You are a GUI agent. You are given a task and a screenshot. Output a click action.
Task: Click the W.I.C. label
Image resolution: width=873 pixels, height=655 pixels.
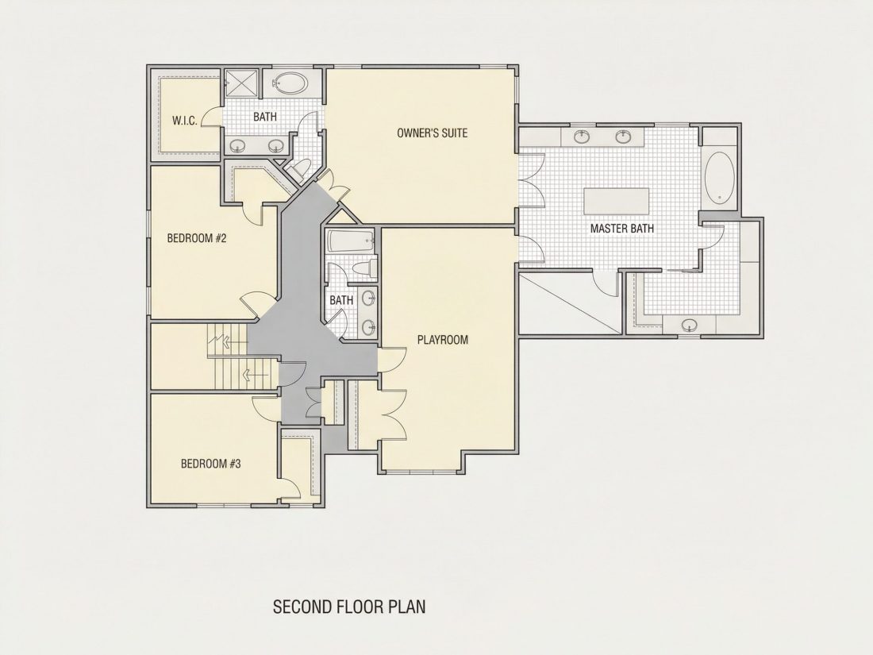click(184, 121)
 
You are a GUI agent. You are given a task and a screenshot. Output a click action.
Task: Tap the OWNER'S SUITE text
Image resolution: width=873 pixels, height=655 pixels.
click(432, 133)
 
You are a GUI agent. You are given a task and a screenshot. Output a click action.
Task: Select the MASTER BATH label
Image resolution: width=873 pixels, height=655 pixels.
click(622, 229)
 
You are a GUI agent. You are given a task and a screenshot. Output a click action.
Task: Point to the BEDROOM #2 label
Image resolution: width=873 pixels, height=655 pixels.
click(197, 238)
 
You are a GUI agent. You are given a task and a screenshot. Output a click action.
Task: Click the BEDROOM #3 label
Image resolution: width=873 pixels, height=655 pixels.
click(211, 464)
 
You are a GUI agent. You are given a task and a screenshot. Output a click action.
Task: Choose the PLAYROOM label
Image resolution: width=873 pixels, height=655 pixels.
click(443, 340)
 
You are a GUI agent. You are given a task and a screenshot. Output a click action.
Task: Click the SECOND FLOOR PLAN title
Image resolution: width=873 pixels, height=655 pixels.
click(349, 607)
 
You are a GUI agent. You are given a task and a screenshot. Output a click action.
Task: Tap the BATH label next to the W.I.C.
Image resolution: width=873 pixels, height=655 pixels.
click(265, 117)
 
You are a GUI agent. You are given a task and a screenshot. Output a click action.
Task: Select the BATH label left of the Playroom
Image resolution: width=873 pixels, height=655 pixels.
click(341, 300)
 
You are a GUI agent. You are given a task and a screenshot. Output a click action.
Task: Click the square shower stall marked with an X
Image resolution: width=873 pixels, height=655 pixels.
click(241, 84)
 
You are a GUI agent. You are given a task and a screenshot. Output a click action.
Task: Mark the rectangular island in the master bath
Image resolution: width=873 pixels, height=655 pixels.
click(617, 201)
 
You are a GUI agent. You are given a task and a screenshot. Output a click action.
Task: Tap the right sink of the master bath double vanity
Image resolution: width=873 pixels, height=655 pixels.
click(623, 136)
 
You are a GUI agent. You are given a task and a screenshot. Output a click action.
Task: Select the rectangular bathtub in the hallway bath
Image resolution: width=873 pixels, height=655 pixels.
click(351, 241)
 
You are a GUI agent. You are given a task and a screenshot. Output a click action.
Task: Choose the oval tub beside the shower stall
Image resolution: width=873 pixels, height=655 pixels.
click(290, 84)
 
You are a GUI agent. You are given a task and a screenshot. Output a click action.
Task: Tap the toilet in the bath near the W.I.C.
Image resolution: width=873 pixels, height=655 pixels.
click(301, 167)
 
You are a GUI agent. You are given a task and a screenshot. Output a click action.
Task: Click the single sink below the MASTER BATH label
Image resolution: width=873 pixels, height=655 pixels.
click(690, 325)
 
